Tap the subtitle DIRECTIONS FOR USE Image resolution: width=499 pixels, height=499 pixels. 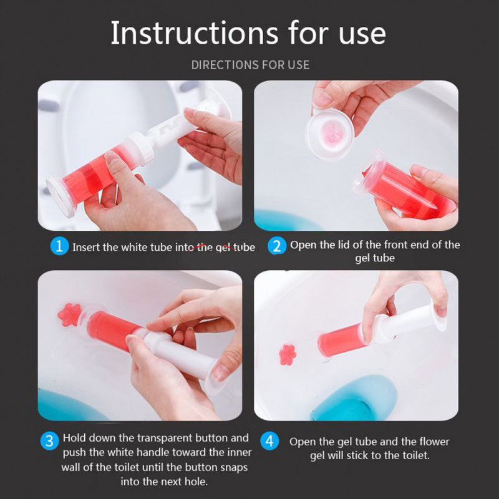coord(250,65)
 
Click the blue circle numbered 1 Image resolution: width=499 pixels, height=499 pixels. coord(59,246)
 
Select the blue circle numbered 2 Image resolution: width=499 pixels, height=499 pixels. coord(277,246)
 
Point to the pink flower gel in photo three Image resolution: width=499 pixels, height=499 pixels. coord(69,314)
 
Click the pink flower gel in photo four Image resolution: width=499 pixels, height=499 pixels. coord(288,354)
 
